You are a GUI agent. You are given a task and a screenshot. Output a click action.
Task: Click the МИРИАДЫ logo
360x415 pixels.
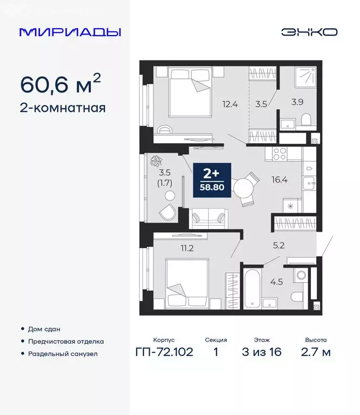click(70, 32)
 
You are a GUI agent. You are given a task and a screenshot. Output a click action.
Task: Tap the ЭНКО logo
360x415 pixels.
click(309, 32)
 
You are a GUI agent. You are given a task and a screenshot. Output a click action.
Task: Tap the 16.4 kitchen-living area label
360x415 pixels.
click(279, 180)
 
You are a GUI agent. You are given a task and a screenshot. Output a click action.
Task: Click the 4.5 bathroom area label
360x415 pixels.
click(276, 281)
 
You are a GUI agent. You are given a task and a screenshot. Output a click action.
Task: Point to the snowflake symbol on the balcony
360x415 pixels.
click(157, 160)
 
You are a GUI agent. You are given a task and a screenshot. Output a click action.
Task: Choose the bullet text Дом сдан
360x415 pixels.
click(44, 329)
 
